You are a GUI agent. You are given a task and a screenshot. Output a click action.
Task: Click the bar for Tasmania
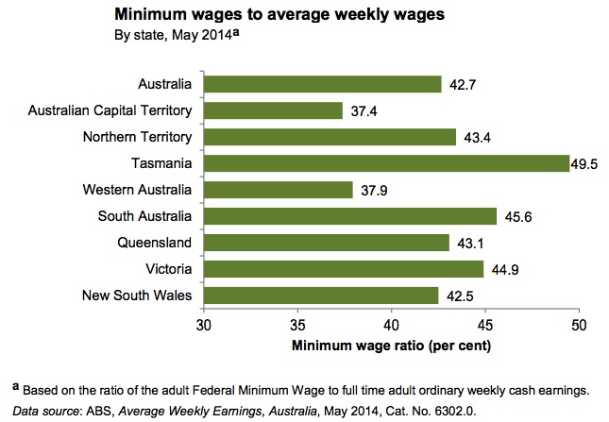pyautogui.click(x=385, y=163)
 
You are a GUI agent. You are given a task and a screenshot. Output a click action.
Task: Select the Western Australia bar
pyautogui.click(x=278, y=190)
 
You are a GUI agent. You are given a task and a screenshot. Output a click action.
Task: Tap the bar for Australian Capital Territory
pyautogui.click(x=273, y=110)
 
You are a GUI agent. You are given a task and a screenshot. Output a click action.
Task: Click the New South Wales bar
pyautogui.click(x=321, y=295)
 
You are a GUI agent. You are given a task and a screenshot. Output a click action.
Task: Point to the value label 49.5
pyautogui.click(x=584, y=164)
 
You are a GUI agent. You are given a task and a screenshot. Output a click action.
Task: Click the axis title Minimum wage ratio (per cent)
pyautogui.click(x=391, y=345)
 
